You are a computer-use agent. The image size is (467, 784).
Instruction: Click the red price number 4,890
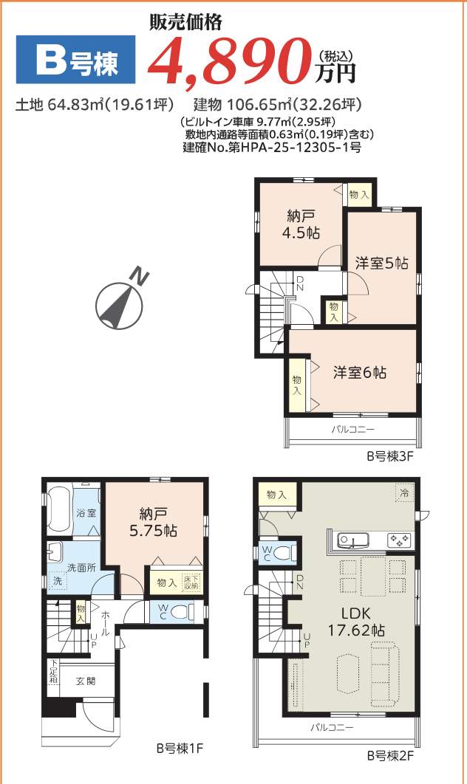click(x=231, y=62)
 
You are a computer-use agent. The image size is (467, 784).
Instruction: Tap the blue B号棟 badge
click(x=76, y=60)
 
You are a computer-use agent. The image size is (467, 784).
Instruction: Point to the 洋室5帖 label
click(x=382, y=264)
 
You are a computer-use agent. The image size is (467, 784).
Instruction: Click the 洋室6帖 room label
click(x=360, y=373)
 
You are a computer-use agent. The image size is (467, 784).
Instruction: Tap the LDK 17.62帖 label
click(x=356, y=622)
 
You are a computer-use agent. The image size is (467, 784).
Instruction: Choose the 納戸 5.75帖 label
click(x=153, y=522)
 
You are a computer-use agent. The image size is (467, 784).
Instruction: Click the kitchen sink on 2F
click(x=353, y=540)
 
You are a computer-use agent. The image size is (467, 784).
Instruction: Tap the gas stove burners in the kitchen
click(x=400, y=540)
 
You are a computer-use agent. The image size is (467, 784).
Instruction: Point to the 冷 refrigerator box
click(x=404, y=493)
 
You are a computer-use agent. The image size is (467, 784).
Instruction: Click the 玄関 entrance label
click(x=86, y=681)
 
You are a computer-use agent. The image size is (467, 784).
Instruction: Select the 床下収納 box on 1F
click(x=191, y=582)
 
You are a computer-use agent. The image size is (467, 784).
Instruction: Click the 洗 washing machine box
click(x=58, y=582)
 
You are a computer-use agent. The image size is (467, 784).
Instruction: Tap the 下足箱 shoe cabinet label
click(x=53, y=675)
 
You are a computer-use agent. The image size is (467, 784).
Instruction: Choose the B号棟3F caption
click(x=389, y=456)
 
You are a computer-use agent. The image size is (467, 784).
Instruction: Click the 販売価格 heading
click(x=185, y=21)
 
